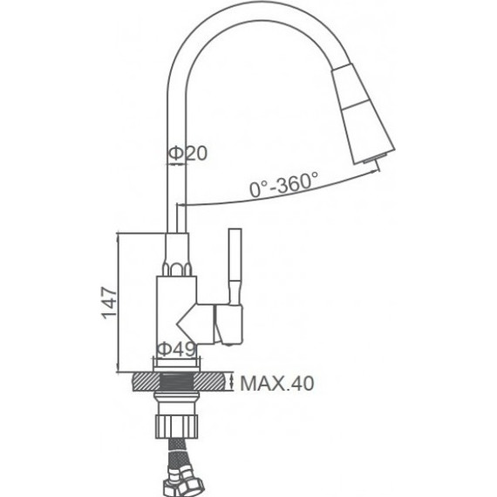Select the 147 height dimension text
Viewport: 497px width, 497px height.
(108, 303)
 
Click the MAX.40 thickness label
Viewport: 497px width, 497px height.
(276, 383)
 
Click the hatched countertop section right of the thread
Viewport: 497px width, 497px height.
(213, 383)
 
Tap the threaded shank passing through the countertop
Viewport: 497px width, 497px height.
(178, 383)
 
